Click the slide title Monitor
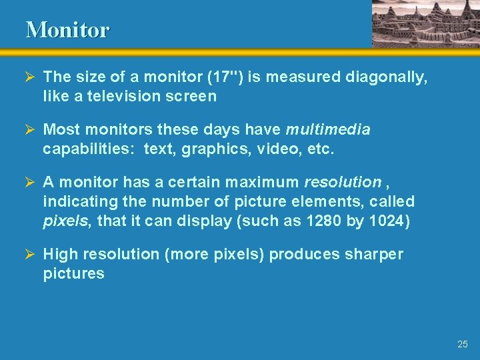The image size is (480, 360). tap(67, 30)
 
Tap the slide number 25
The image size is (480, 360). tap(463, 344)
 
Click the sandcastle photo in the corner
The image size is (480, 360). tap(425, 23)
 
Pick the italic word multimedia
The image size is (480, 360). tap(327, 129)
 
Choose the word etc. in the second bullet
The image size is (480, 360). tap(319, 148)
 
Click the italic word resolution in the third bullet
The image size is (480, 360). tap(342, 182)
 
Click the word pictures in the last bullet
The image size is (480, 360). tap(73, 273)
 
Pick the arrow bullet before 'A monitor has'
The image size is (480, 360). tap(31, 182)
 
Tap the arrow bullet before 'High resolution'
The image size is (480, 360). tap(31, 255)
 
